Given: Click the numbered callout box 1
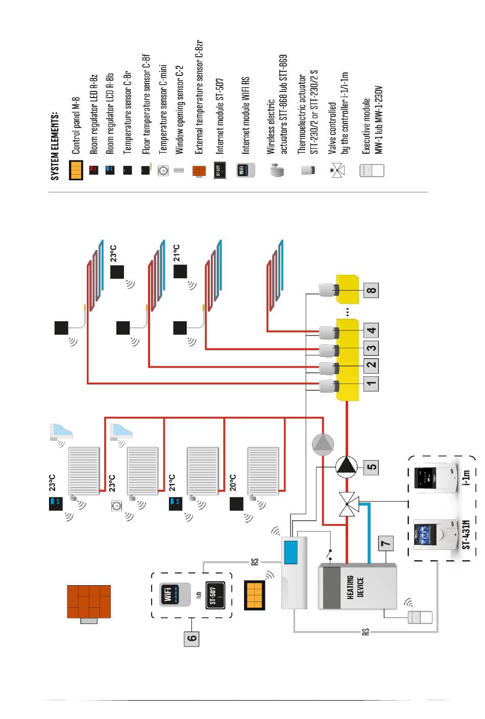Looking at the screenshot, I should click(371, 383).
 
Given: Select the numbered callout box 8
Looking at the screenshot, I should click(371, 291).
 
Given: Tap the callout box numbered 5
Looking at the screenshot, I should click(371, 466).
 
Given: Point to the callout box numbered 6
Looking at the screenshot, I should click(191, 638).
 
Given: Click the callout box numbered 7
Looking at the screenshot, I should click(386, 543).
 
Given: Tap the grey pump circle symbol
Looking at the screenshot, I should click(323, 445).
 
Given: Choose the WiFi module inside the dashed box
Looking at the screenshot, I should click(175, 594).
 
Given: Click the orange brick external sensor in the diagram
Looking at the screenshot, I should click(89, 603).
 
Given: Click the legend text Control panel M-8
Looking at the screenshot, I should click(76, 125).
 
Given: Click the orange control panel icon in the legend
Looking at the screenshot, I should click(76, 170).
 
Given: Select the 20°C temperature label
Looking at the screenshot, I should click(233, 483).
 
